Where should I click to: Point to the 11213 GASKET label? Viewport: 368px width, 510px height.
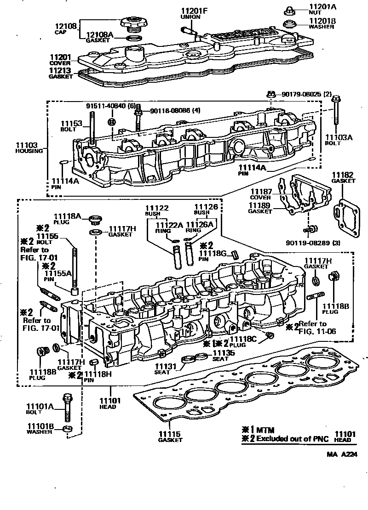61,73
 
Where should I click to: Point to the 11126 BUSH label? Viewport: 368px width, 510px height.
205,210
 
